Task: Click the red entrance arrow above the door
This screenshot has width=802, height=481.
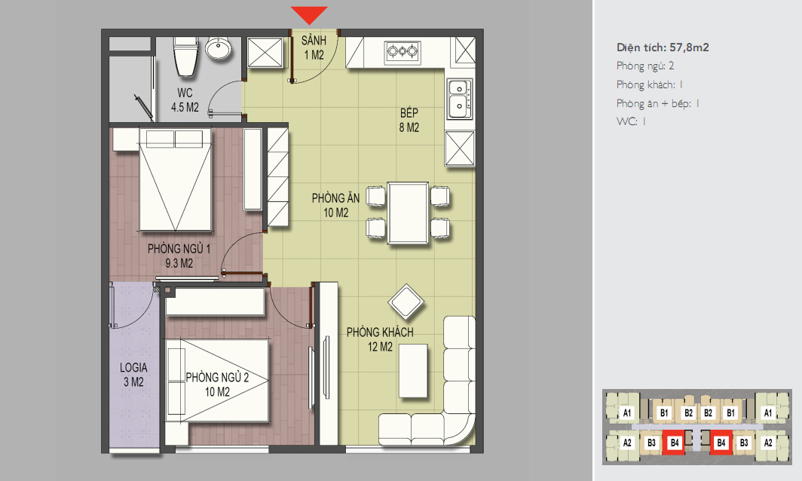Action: pyautogui.click(x=309, y=15)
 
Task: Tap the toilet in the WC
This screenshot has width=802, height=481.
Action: pyautogui.click(x=185, y=57)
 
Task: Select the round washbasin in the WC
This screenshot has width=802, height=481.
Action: pyautogui.click(x=219, y=48)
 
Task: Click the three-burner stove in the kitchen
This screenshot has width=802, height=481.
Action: pyautogui.click(x=403, y=51)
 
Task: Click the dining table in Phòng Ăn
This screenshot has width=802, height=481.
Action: pyautogui.click(x=408, y=213)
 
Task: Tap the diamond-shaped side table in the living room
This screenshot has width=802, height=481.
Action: pyautogui.click(x=406, y=302)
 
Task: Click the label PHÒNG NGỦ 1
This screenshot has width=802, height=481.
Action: pyautogui.click(x=179, y=250)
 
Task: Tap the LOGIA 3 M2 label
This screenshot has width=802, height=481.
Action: pyautogui.click(x=133, y=375)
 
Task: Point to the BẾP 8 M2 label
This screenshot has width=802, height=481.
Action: pyautogui.click(x=409, y=121)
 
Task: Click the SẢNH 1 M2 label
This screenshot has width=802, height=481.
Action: pyautogui.click(x=314, y=47)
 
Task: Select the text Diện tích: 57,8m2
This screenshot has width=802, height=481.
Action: pyautogui.click(x=663, y=47)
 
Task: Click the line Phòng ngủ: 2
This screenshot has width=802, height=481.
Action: pyautogui.click(x=645, y=66)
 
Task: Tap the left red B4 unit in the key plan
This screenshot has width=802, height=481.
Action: pyautogui.click(x=675, y=443)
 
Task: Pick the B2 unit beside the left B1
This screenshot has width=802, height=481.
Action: pyautogui.click(x=688, y=413)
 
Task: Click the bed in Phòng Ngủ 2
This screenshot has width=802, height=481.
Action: pyautogui.click(x=217, y=381)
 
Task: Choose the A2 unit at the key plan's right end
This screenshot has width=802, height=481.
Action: pyautogui.click(x=768, y=443)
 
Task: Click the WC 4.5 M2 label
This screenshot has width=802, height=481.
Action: pyautogui.click(x=185, y=100)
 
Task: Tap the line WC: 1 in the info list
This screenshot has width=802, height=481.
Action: pyautogui.click(x=631, y=122)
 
